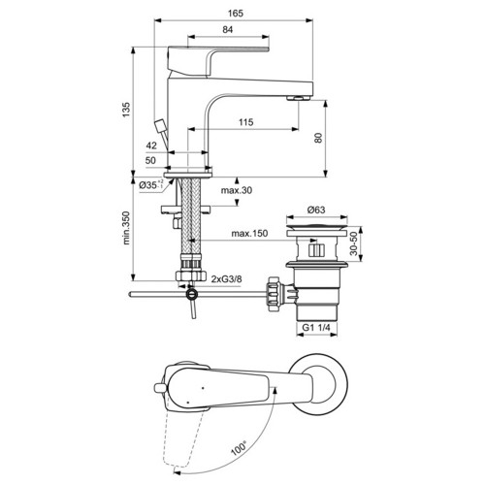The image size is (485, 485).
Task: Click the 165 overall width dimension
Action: (x=236, y=14)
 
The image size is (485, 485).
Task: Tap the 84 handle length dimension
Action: (x=228, y=29)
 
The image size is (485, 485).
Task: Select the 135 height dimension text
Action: (x=126, y=110)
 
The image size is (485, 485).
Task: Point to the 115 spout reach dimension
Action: (x=246, y=122)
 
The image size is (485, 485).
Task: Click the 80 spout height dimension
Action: (x=318, y=138)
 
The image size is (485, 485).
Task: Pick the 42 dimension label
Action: (x=151, y=145)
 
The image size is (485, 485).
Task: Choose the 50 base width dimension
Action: (x=150, y=160)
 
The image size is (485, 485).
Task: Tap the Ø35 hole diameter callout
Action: (x=151, y=185)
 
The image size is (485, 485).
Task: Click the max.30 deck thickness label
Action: (x=237, y=190)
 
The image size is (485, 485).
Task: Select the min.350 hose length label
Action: (x=126, y=228)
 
